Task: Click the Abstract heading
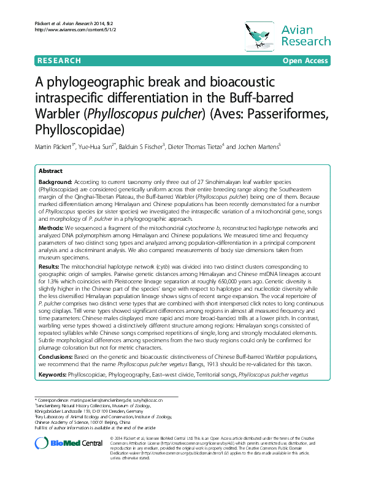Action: click(50, 171)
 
